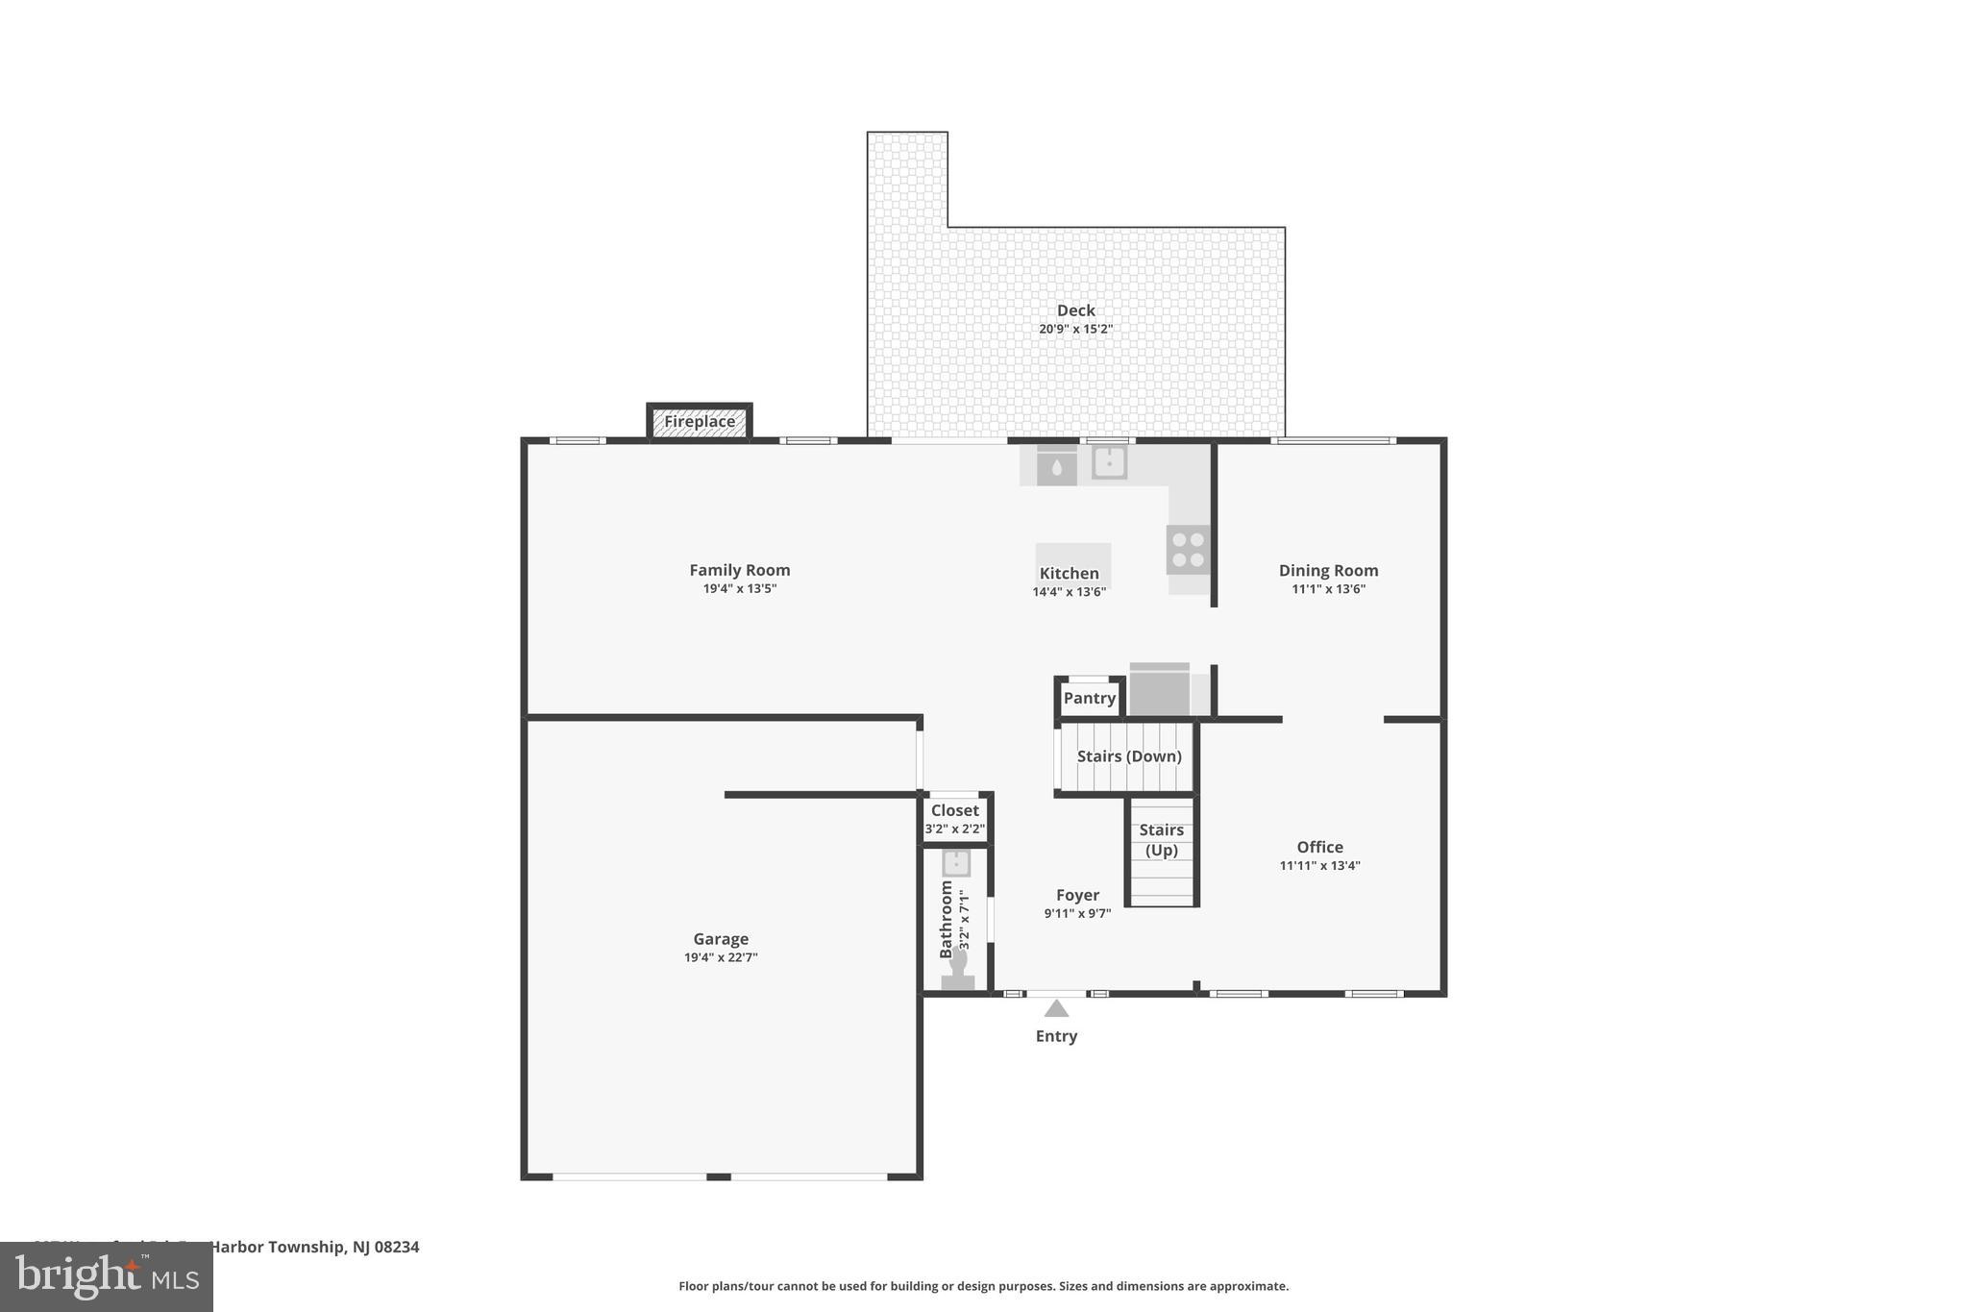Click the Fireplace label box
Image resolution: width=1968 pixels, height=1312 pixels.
700,422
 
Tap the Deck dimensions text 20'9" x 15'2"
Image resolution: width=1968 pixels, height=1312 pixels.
1075,329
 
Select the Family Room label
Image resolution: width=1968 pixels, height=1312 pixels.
739,570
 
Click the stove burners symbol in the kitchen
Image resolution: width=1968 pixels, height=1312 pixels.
1188,550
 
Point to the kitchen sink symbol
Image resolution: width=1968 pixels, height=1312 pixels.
1109,462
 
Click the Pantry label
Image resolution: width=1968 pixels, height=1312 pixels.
1090,699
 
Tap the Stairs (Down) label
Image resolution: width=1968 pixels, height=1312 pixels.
1128,756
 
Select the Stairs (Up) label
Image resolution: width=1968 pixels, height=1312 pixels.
1161,840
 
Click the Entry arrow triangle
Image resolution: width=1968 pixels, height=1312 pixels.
1056,1008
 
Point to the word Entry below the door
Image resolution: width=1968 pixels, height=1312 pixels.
1056,1036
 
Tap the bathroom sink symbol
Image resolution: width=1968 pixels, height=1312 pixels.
956,862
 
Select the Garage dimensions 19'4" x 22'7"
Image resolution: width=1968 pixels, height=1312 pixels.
721,957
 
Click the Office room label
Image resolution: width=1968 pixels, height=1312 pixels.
1319,847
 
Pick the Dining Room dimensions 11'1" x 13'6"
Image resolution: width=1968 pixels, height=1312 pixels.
1328,589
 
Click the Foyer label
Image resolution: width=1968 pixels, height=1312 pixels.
1077,895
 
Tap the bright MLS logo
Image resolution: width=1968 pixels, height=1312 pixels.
107,1277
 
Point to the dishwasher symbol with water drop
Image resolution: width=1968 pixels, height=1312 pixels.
1056,468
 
